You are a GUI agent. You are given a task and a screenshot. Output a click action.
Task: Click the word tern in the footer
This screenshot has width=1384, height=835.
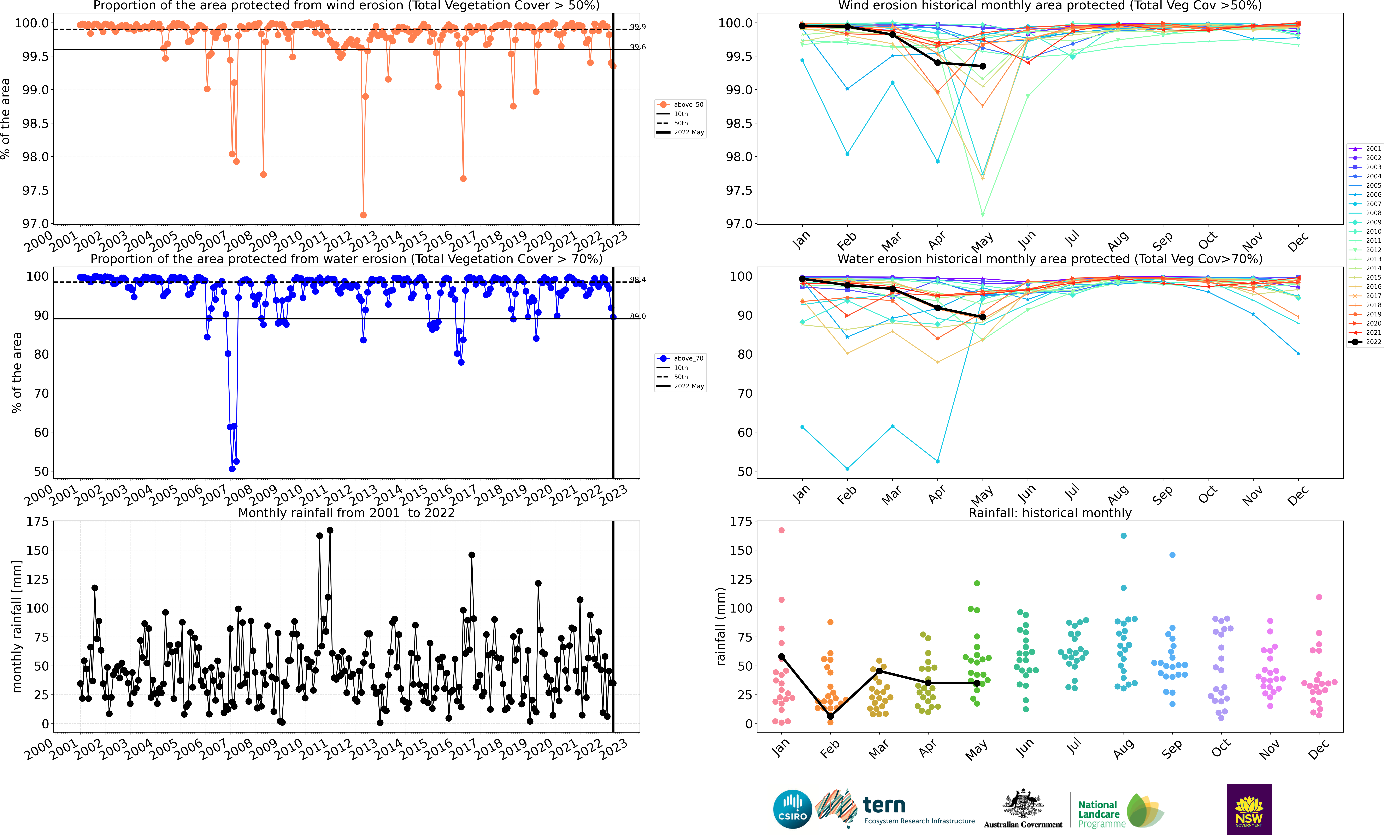click(x=884, y=805)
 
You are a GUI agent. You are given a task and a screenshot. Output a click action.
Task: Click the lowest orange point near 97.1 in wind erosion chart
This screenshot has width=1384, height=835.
click(x=363, y=215)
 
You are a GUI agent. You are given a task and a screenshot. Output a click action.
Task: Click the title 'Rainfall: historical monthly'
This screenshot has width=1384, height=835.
click(x=1050, y=513)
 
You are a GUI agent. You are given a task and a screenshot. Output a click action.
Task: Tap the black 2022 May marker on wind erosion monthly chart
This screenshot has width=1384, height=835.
click(x=982, y=66)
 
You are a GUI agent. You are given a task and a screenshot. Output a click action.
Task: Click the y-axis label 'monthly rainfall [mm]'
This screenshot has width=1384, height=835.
click(x=17, y=626)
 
